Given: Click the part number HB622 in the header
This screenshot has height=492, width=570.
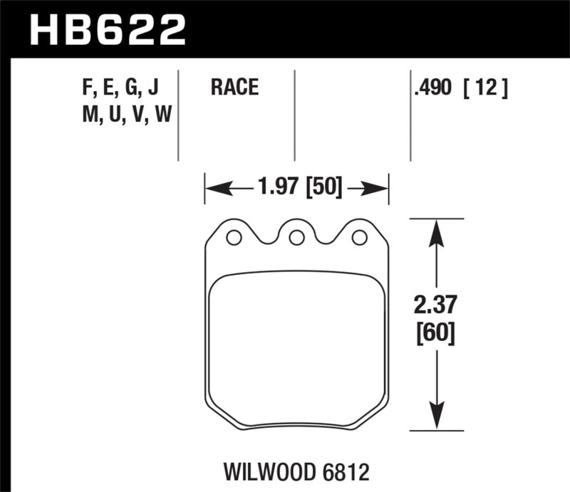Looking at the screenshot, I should point(107,29).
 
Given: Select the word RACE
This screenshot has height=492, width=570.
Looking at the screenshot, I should point(234,88).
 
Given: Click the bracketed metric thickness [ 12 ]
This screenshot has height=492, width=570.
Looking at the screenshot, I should point(487,88).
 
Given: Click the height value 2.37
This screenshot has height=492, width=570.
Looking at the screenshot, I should point(433,307).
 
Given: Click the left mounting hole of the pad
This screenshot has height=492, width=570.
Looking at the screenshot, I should point(233,238).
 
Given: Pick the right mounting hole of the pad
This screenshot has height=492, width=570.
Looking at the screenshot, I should point(360,238).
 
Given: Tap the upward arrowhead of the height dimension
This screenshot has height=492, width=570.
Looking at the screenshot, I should point(433,228).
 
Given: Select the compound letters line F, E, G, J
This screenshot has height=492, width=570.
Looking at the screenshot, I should point(120,88).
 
